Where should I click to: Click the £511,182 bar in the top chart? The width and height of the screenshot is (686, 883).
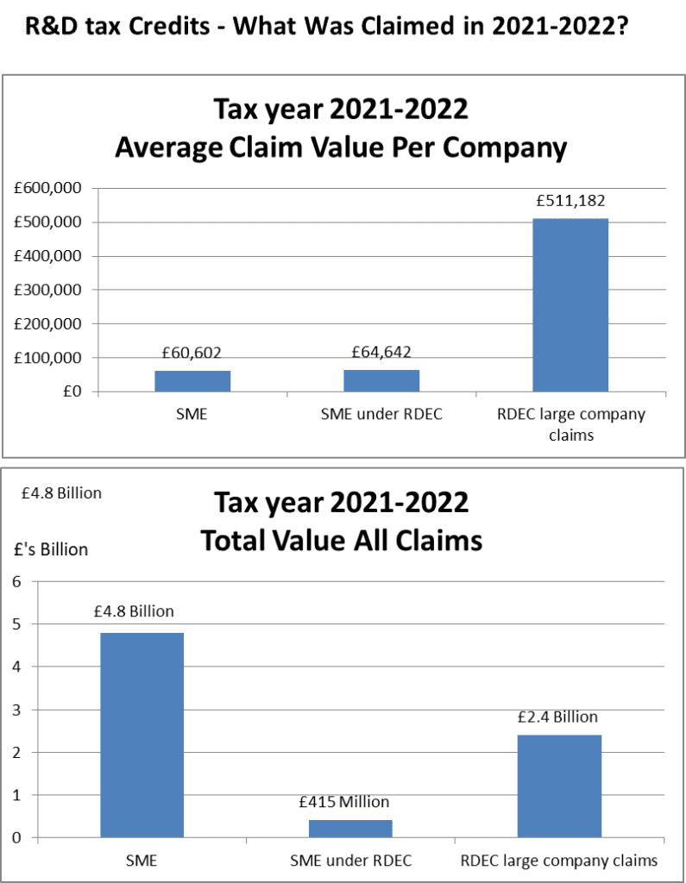tap(570, 305)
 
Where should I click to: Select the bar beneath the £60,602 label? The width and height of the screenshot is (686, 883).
tap(192, 381)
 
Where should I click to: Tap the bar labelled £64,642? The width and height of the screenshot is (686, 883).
tap(381, 380)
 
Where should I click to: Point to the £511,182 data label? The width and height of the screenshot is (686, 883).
tap(570, 202)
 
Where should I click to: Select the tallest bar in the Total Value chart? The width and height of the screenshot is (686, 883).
tap(142, 735)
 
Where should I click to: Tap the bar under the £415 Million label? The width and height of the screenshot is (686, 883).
tap(350, 828)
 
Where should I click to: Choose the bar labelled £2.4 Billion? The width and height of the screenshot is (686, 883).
tap(559, 785)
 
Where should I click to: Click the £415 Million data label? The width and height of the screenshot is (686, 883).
tap(344, 802)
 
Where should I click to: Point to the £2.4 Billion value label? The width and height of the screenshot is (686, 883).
tap(557, 717)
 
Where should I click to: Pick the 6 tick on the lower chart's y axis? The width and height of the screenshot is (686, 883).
tap(16, 581)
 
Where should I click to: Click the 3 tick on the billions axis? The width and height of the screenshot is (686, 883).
tap(16, 710)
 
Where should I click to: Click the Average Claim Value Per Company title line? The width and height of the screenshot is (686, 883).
tap(342, 148)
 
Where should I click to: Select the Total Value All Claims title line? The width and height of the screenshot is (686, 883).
tap(342, 541)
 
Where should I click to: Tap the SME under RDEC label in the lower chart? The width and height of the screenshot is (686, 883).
tap(349, 860)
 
